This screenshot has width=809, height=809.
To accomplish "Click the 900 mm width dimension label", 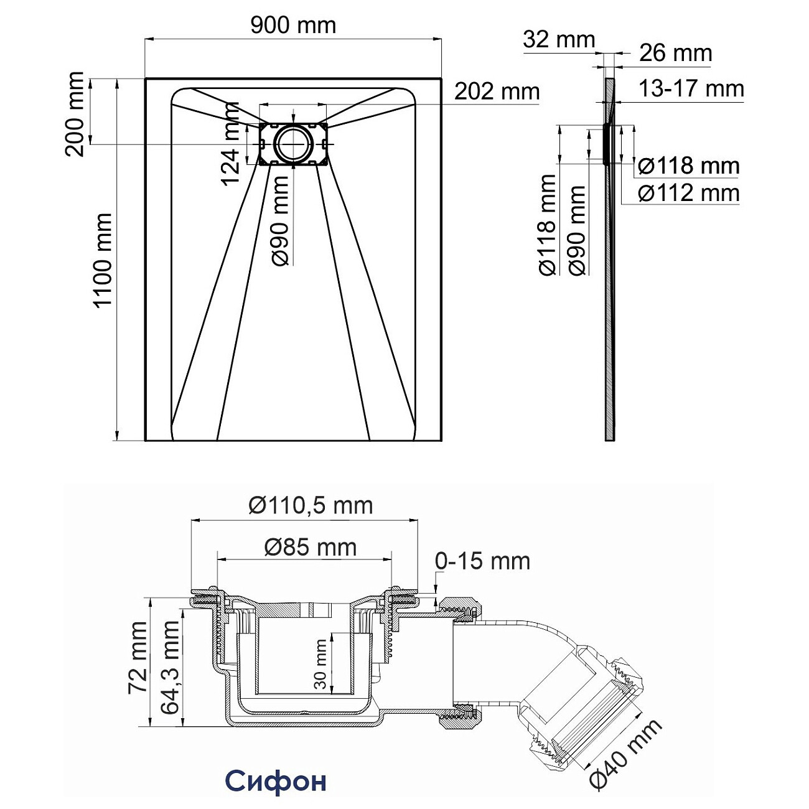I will click(293, 25).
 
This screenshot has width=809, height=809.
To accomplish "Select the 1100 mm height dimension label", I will click(102, 260).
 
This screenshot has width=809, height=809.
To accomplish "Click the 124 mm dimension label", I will click(231, 144).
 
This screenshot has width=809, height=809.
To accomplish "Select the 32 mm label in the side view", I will click(558, 39).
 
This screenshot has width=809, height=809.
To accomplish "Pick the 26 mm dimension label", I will click(675, 53).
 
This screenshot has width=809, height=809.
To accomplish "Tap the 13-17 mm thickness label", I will click(691, 89).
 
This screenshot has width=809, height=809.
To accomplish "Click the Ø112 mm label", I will click(689, 193).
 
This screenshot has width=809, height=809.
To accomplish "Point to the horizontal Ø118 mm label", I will click(689, 166).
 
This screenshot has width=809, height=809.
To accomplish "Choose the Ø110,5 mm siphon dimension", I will click(311, 505).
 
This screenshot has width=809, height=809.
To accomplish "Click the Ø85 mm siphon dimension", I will click(311, 547).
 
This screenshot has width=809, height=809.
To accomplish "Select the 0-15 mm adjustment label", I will click(482, 561).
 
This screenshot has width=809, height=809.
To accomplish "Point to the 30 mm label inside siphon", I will click(320, 663).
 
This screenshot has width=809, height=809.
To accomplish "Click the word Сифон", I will click(275, 781).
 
